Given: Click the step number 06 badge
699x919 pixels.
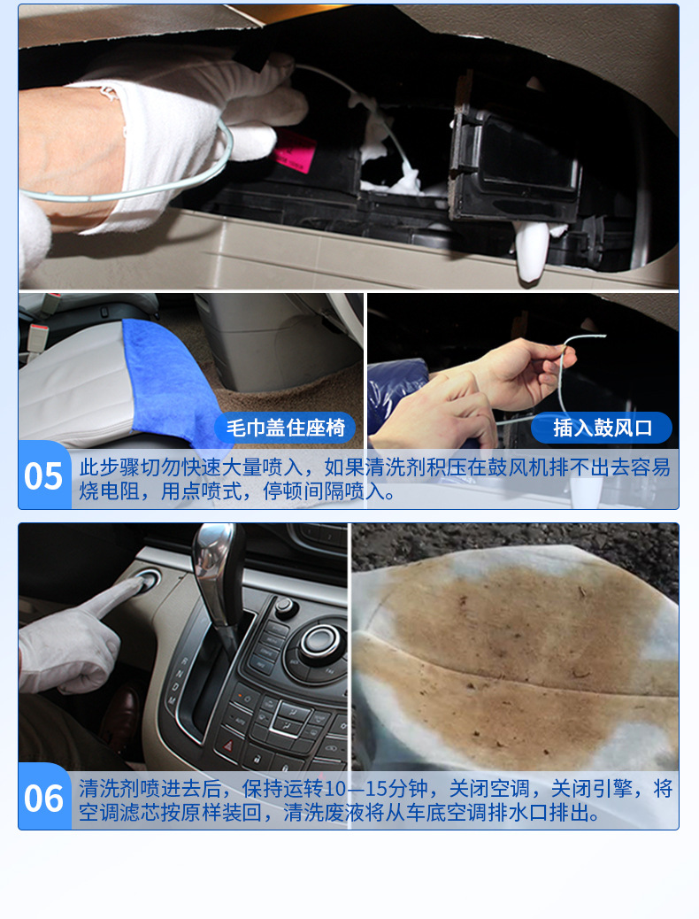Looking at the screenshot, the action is point(44,797).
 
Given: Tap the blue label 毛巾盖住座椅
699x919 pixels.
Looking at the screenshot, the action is point(285,428).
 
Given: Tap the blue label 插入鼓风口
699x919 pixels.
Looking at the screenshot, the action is point(603,428).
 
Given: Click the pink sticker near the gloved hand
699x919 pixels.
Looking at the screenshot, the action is point(292,151).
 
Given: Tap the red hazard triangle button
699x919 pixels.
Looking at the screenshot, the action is point(228,745).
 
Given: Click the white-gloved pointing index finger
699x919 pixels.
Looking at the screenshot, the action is point(114,597).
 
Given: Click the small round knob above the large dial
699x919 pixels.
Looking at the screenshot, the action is point(285,606).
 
